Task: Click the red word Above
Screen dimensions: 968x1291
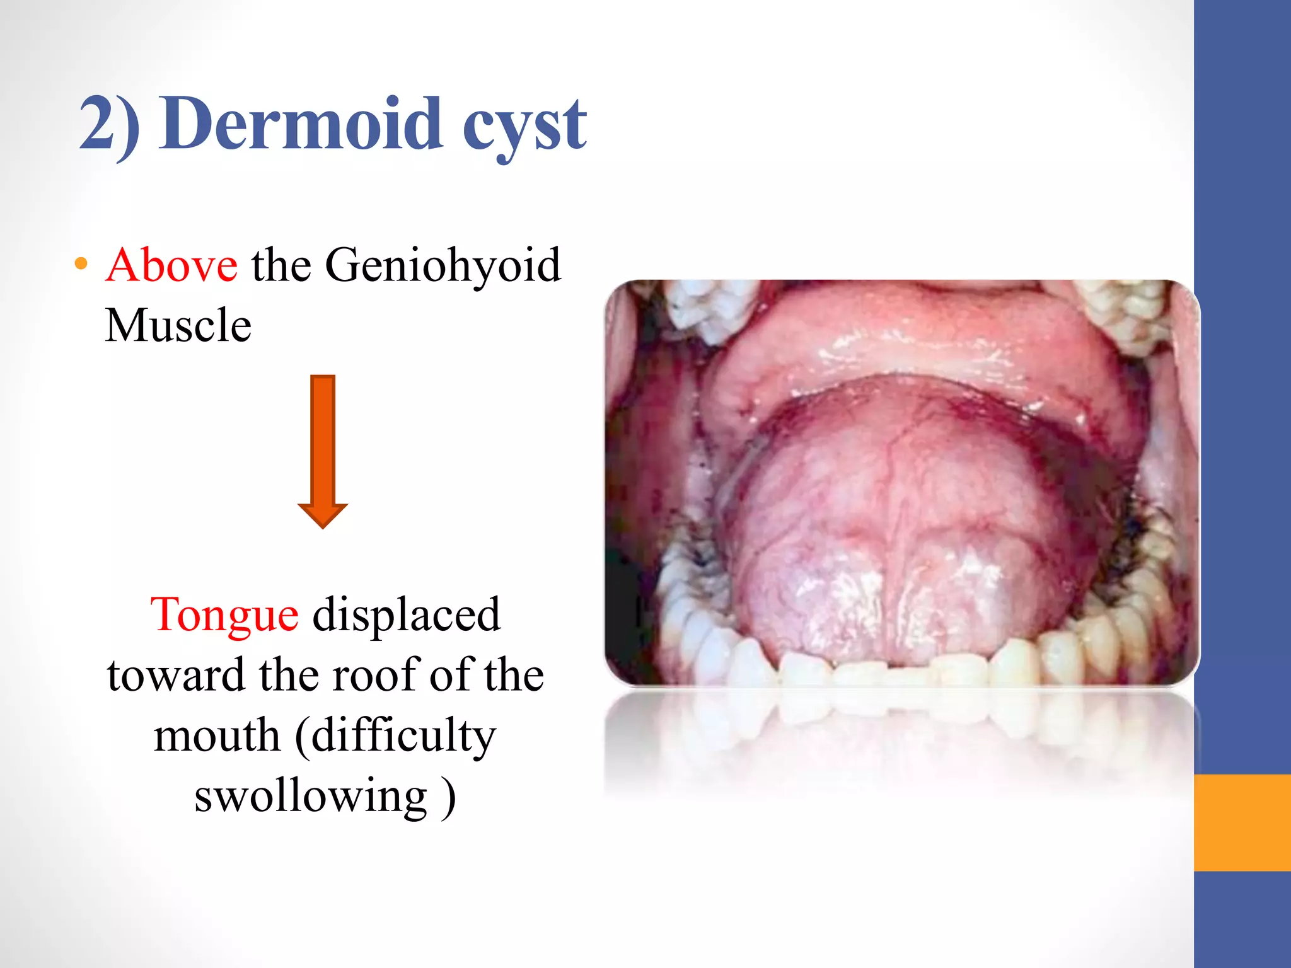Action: click(x=171, y=265)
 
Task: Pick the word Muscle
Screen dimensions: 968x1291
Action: click(x=178, y=325)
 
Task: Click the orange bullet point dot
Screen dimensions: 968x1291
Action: click(x=80, y=264)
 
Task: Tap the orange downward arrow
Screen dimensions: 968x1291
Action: click(x=323, y=450)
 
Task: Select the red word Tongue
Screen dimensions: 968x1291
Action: click(x=224, y=614)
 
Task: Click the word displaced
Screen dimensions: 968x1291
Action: click(x=407, y=614)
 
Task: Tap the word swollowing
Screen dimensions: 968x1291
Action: click(x=311, y=795)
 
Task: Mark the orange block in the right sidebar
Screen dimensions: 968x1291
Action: click(x=1242, y=822)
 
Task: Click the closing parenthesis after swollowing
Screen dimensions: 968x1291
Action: click(x=448, y=797)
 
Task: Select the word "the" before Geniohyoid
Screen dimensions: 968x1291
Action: click(x=281, y=265)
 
